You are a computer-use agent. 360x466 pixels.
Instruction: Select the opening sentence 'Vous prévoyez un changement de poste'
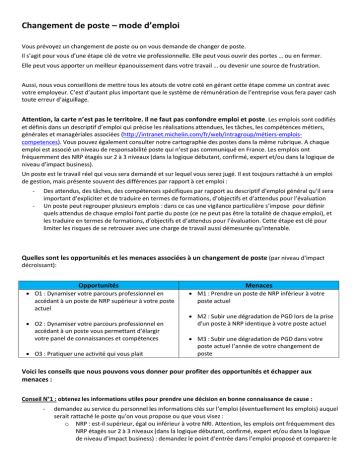(x=130, y=47)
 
